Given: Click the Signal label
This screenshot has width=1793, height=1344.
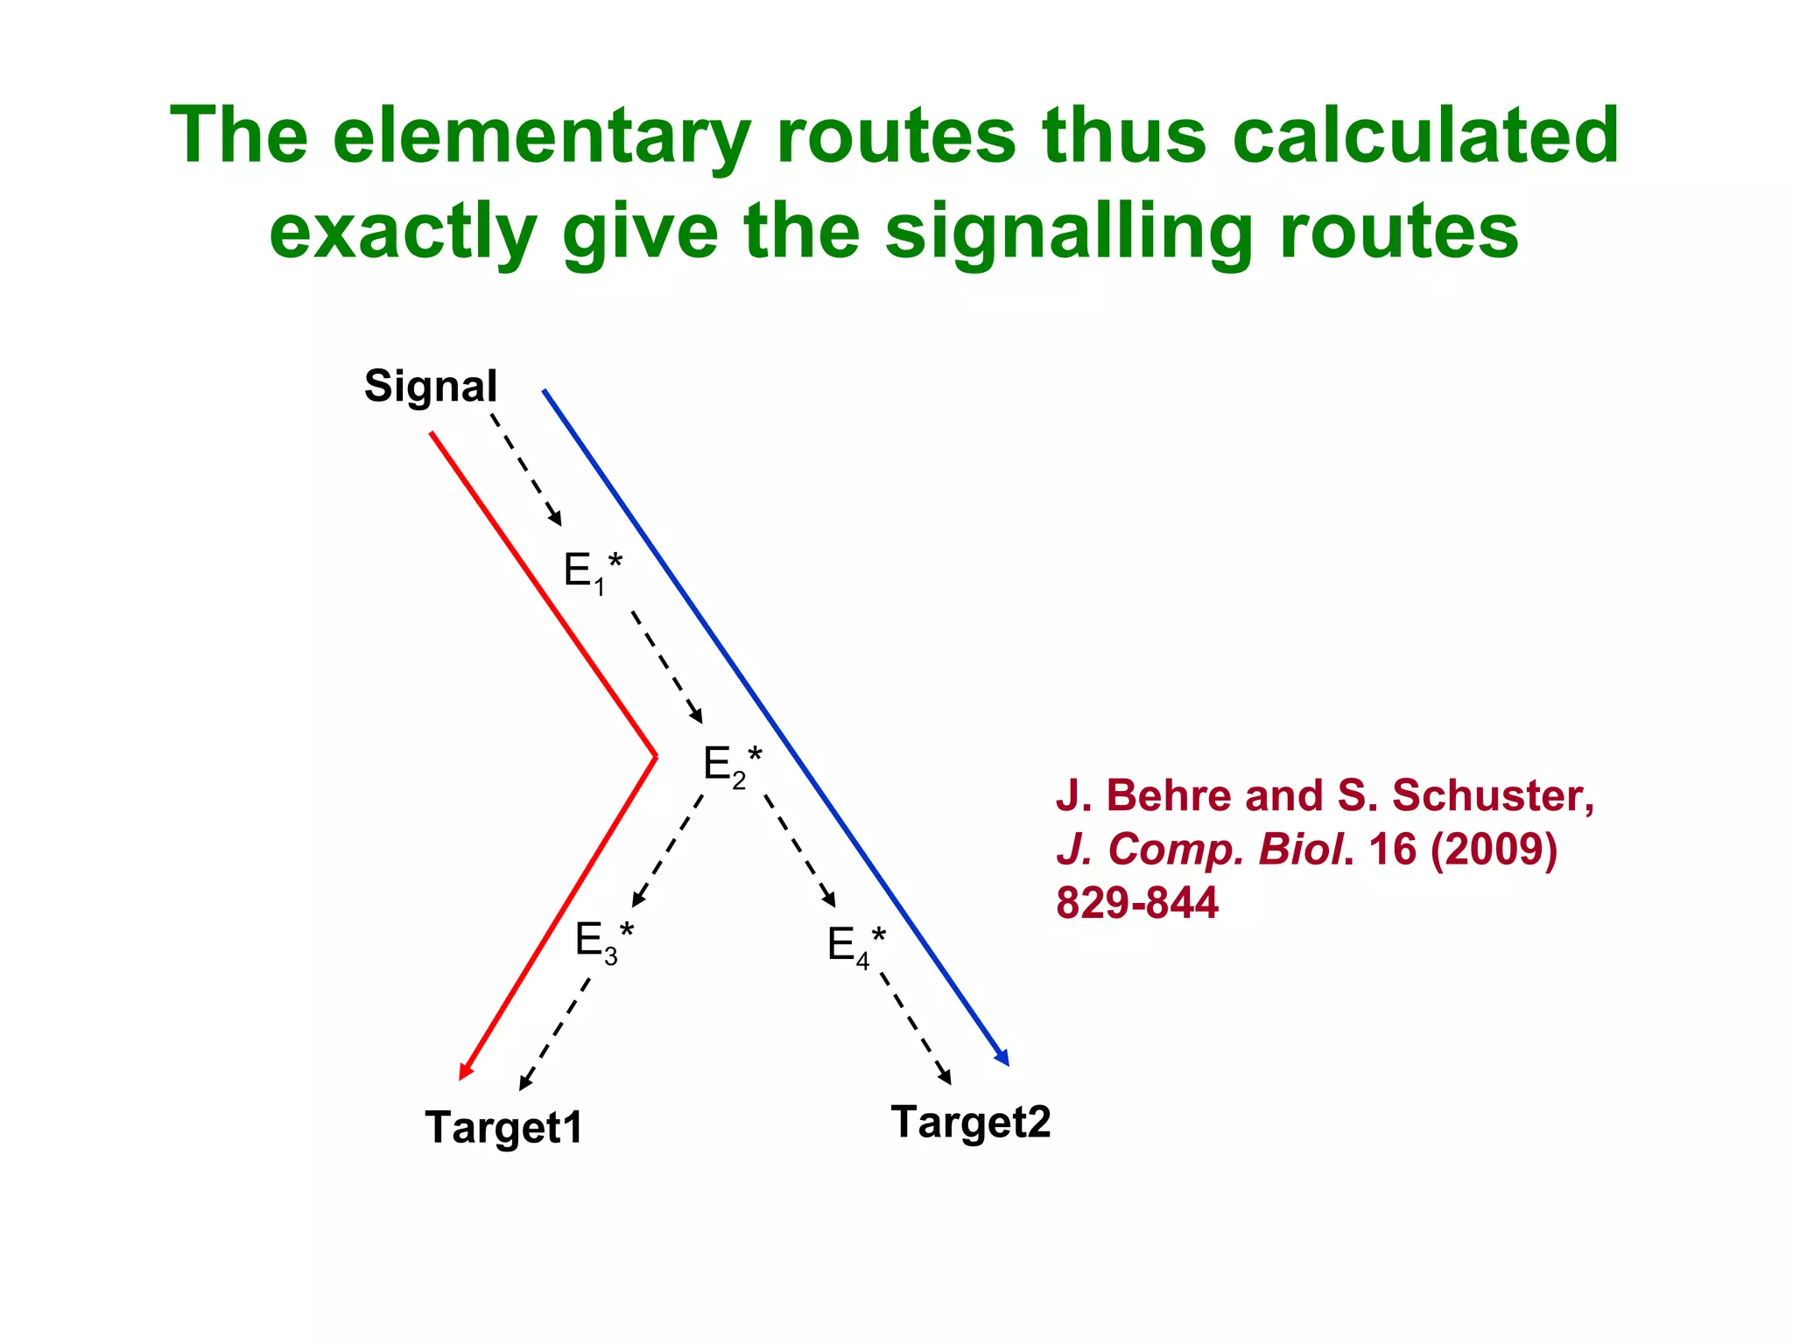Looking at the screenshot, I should (x=430, y=387).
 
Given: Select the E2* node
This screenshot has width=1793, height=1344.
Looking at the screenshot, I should (x=732, y=764).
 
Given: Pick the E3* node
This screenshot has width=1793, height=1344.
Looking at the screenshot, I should (x=603, y=941).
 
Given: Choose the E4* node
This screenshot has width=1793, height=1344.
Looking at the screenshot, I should (x=855, y=945).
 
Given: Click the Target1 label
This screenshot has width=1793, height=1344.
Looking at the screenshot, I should (x=503, y=1127).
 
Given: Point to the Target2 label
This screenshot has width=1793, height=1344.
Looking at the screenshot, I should (x=970, y=1122).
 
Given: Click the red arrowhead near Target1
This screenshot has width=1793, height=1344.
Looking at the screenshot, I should (x=466, y=1071).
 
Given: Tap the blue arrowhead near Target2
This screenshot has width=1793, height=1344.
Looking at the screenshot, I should (x=1003, y=1059).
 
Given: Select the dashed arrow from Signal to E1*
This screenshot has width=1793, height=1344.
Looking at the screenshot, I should (x=525, y=468).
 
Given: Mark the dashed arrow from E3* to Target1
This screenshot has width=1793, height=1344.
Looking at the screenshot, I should (x=555, y=1033).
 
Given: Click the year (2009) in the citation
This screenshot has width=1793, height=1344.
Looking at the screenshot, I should (x=1494, y=849).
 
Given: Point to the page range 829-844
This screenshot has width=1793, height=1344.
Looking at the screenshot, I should (x=1136, y=902).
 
